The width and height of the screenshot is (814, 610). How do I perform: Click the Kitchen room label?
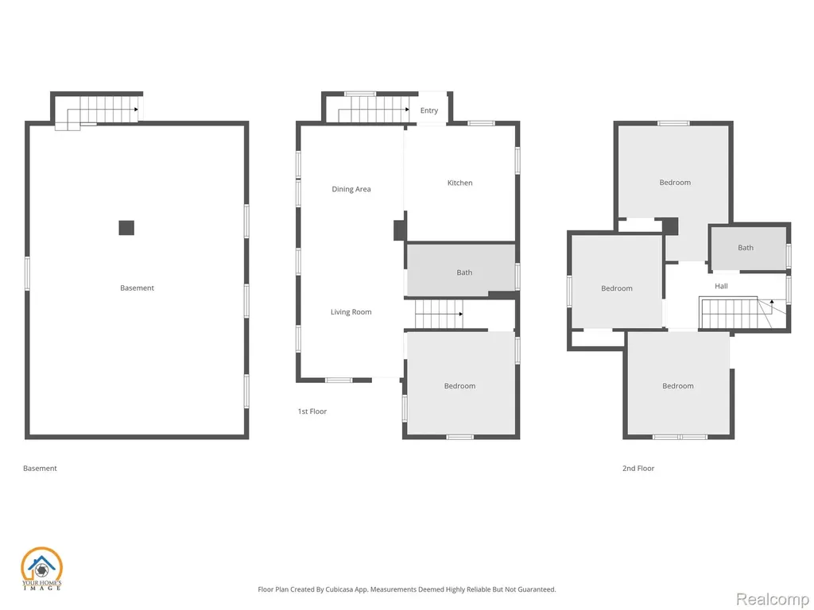[460, 183]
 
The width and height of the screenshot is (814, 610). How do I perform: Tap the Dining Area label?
[351, 189]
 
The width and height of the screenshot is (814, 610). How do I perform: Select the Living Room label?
[351, 311]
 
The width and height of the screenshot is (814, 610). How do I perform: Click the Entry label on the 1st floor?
[429, 110]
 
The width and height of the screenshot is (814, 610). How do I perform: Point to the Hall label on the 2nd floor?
[721, 286]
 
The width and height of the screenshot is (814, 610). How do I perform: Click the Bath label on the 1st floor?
[464, 272]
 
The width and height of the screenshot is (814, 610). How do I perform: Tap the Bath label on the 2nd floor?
[746, 248]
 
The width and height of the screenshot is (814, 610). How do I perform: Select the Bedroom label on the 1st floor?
[459, 386]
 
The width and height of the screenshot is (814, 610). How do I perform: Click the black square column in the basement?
[126, 228]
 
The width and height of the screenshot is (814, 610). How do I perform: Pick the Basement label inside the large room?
[137, 288]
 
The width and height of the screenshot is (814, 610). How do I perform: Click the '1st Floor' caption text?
[312, 411]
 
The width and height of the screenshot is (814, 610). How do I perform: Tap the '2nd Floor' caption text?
[638, 468]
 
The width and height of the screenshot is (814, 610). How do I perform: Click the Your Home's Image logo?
[41, 569]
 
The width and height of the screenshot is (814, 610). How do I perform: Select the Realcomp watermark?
[772, 599]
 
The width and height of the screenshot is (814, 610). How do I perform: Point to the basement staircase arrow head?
[136, 110]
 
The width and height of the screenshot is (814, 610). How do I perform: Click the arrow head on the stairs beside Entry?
[408, 110]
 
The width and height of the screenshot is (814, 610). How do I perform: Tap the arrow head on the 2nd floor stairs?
[771, 301]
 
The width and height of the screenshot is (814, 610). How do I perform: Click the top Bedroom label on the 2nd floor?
[675, 183]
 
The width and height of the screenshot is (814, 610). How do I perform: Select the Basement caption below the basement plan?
[40, 468]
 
